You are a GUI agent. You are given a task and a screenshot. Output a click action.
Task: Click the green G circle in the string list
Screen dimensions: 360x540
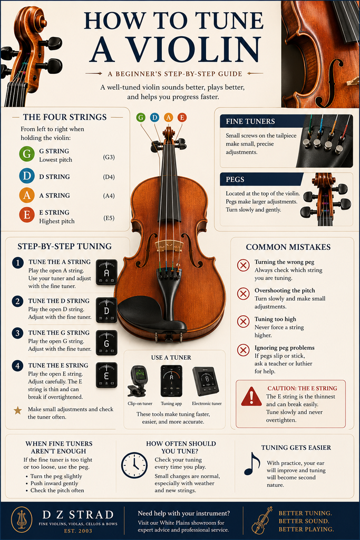27,154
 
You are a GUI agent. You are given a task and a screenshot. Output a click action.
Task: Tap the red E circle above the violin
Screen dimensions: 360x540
182,118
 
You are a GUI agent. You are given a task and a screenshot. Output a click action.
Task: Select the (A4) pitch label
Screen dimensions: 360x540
109,196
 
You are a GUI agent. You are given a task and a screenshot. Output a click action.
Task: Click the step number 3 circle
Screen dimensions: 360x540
17,333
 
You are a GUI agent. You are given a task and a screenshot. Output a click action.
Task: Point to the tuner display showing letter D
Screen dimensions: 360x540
106,310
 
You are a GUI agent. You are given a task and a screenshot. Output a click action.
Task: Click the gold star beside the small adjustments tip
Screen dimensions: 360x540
17,410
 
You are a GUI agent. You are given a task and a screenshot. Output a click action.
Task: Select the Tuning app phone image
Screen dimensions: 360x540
171,381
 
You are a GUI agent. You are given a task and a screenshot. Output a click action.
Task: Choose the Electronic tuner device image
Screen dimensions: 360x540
206,382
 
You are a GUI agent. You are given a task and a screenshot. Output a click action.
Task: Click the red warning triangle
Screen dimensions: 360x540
251,397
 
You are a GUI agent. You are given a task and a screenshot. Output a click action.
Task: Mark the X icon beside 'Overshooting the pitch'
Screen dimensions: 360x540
244,294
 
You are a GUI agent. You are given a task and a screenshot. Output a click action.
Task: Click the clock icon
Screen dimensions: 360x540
134,466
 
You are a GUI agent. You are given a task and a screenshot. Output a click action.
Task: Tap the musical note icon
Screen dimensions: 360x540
252,464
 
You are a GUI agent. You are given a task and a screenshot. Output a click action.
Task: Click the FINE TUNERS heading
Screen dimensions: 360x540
250,121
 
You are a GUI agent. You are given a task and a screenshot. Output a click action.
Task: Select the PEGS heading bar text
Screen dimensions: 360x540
235,179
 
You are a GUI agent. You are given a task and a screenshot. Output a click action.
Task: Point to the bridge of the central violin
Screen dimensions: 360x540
168,245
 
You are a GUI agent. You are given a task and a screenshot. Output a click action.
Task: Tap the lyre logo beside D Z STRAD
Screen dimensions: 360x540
22,520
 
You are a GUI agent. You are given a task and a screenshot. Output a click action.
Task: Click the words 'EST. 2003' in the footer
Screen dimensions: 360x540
78,531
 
